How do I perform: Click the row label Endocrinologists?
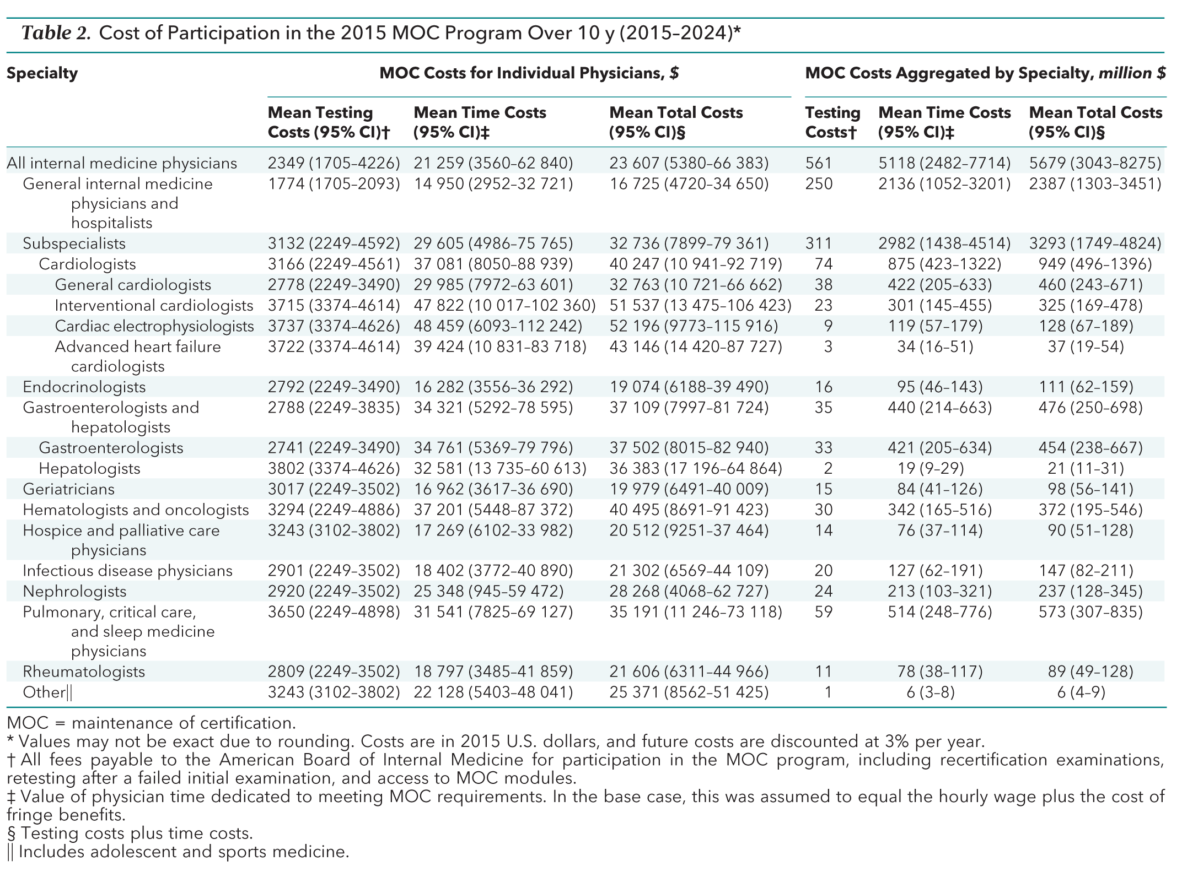pyautogui.click(x=84, y=387)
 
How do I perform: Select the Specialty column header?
pyautogui.click(x=42, y=73)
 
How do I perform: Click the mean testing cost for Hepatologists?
pyautogui.click(x=334, y=468)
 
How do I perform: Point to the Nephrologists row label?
pyautogui.click(x=74, y=591)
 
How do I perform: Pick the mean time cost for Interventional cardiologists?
pyautogui.click(x=504, y=305)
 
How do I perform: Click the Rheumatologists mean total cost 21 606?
pyautogui.click(x=689, y=672)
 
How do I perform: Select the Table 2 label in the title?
pyautogui.click(x=56, y=34)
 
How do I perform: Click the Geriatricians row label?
pyautogui.click(x=68, y=489)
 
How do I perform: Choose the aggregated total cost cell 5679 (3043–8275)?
pyautogui.click(x=1095, y=163)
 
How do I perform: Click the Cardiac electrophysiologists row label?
pyautogui.click(x=154, y=326)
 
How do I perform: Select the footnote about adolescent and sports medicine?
pyautogui.click(x=178, y=852)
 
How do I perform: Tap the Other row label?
pyautogui.click(x=47, y=692)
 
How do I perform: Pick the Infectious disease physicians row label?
pyautogui.click(x=127, y=571)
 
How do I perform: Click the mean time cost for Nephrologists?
pyautogui.click(x=488, y=591)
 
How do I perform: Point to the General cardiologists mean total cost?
pyautogui.click(x=696, y=285)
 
